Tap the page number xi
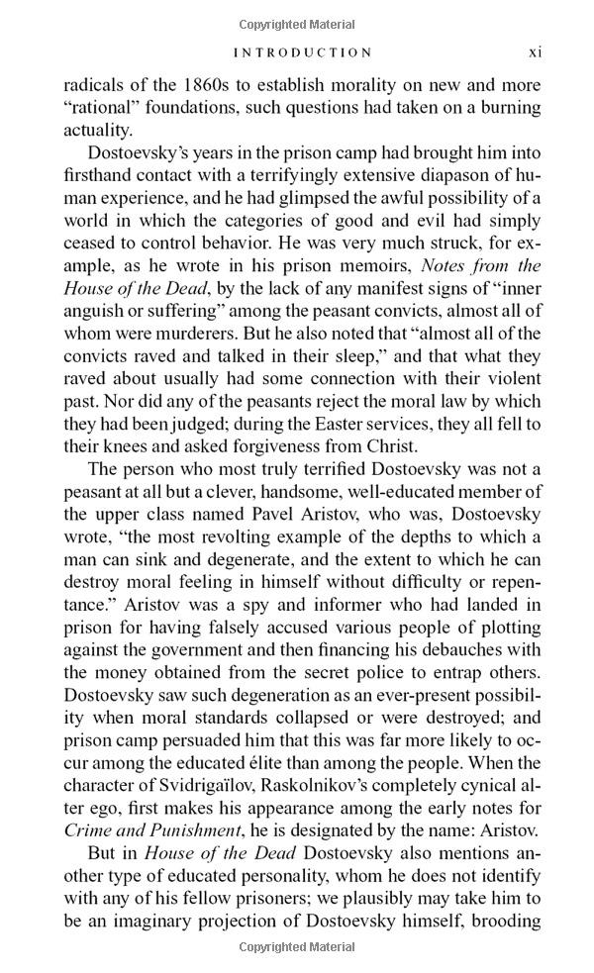pyautogui.click(x=534, y=51)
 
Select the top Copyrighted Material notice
pyautogui.click(x=297, y=20)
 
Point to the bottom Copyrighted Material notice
pyautogui.click(x=297, y=948)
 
